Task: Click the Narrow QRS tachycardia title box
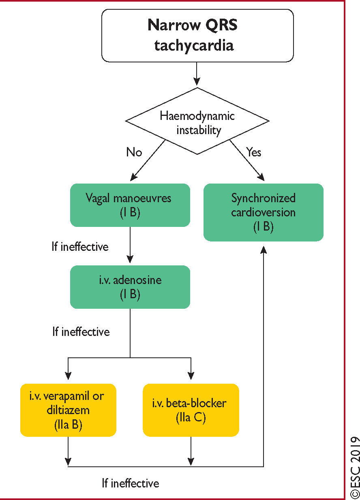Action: (197, 36)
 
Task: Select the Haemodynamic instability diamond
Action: (197, 121)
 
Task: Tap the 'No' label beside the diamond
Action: (134, 152)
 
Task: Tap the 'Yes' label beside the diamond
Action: (254, 152)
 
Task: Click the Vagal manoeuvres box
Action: (130, 205)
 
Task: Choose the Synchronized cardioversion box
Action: (263, 212)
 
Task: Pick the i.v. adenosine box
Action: (130, 287)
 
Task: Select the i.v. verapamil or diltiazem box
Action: (68, 410)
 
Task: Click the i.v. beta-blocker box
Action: (191, 410)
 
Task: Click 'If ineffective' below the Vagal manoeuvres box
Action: (80, 247)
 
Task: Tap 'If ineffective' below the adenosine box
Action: (81, 332)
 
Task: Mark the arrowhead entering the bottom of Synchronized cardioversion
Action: (264, 248)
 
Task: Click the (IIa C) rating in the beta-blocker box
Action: (191, 418)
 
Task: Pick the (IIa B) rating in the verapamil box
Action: (68, 425)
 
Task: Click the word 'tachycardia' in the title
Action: (194, 45)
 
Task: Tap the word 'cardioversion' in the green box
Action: (263, 212)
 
